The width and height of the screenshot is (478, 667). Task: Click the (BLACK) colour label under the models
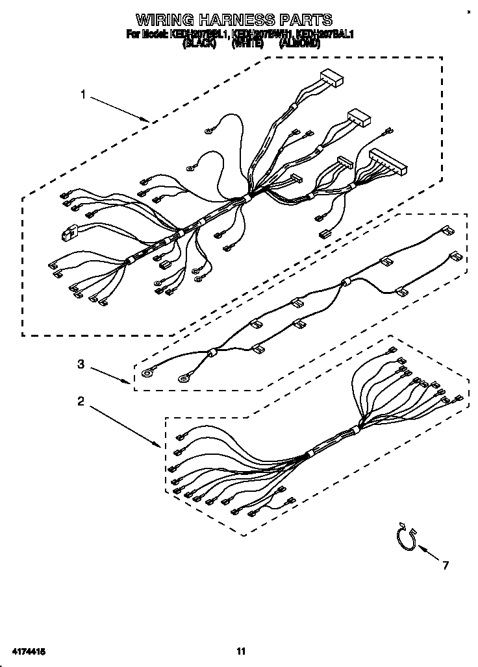tap(199, 44)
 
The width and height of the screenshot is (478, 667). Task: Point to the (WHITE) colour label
tap(248, 44)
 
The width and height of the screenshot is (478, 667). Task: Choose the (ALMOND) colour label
tap(299, 44)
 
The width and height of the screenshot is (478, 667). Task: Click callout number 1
tap(83, 95)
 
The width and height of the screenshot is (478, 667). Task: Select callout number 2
tap(81, 402)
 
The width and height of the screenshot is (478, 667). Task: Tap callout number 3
tap(81, 365)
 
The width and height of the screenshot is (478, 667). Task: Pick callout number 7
tap(445, 566)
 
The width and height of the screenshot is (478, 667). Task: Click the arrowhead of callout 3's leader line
tap(131, 383)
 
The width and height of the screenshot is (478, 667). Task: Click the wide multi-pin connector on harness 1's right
tap(388, 162)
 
